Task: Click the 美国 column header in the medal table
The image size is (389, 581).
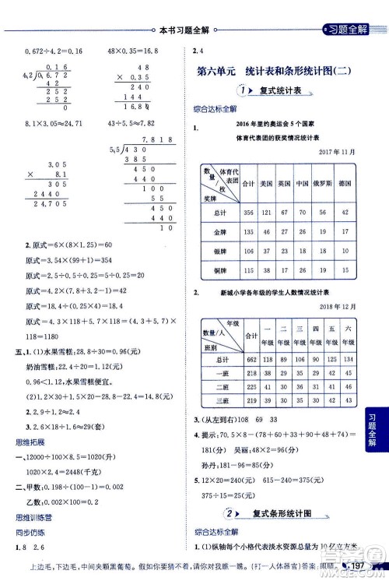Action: [x=266, y=185]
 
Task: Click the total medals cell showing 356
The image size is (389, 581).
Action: [x=248, y=212]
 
